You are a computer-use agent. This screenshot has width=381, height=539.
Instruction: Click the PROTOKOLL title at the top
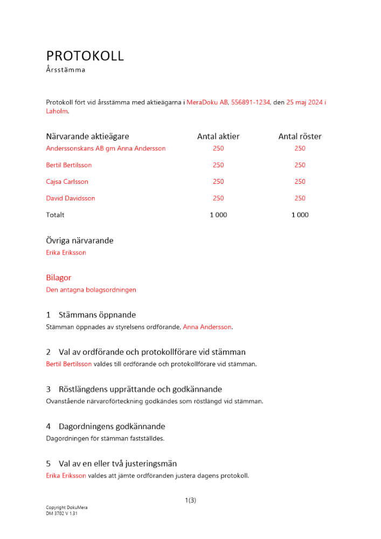pyautogui.click(x=85, y=56)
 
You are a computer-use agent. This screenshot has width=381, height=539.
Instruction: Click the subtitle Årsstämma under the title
pyautogui.click(x=66, y=70)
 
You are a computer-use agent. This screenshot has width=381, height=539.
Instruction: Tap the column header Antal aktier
pyautogui.click(x=218, y=136)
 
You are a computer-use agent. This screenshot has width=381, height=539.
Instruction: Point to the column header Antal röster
pyautogui.click(x=300, y=136)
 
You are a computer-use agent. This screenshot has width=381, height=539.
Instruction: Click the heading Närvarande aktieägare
pyautogui.click(x=87, y=136)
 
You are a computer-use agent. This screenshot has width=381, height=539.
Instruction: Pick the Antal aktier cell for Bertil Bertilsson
pyautogui.click(x=218, y=165)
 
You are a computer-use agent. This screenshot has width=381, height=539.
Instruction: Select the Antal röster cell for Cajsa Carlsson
pyautogui.click(x=300, y=182)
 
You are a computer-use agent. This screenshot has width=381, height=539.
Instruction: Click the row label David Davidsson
pyautogui.click(x=71, y=198)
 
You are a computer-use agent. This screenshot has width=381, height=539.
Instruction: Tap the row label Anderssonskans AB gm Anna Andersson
pyautogui.click(x=106, y=148)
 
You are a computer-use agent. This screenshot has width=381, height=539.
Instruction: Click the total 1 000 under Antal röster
pyautogui.click(x=300, y=215)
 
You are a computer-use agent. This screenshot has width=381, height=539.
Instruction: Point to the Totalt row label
pyautogui.click(x=55, y=215)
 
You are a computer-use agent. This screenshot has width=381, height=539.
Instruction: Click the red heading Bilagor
pyautogui.click(x=59, y=278)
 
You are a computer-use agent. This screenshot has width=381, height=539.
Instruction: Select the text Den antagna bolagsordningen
pyautogui.click(x=91, y=289)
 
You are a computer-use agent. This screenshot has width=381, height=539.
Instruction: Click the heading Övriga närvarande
pyautogui.click(x=80, y=240)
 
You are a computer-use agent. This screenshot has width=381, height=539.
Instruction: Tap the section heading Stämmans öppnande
pyautogui.click(x=97, y=315)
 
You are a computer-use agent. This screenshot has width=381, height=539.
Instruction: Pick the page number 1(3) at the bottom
pyautogui.click(x=190, y=500)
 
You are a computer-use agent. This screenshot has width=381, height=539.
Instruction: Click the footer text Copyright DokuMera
pyautogui.click(x=66, y=508)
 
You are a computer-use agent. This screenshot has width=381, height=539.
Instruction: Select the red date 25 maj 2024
pyautogui.click(x=304, y=102)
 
